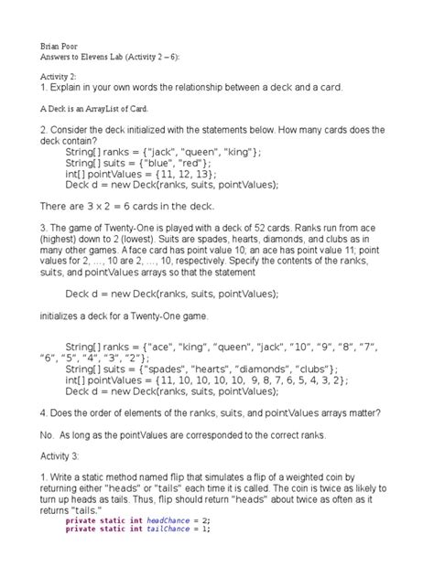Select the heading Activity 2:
(60, 76)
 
